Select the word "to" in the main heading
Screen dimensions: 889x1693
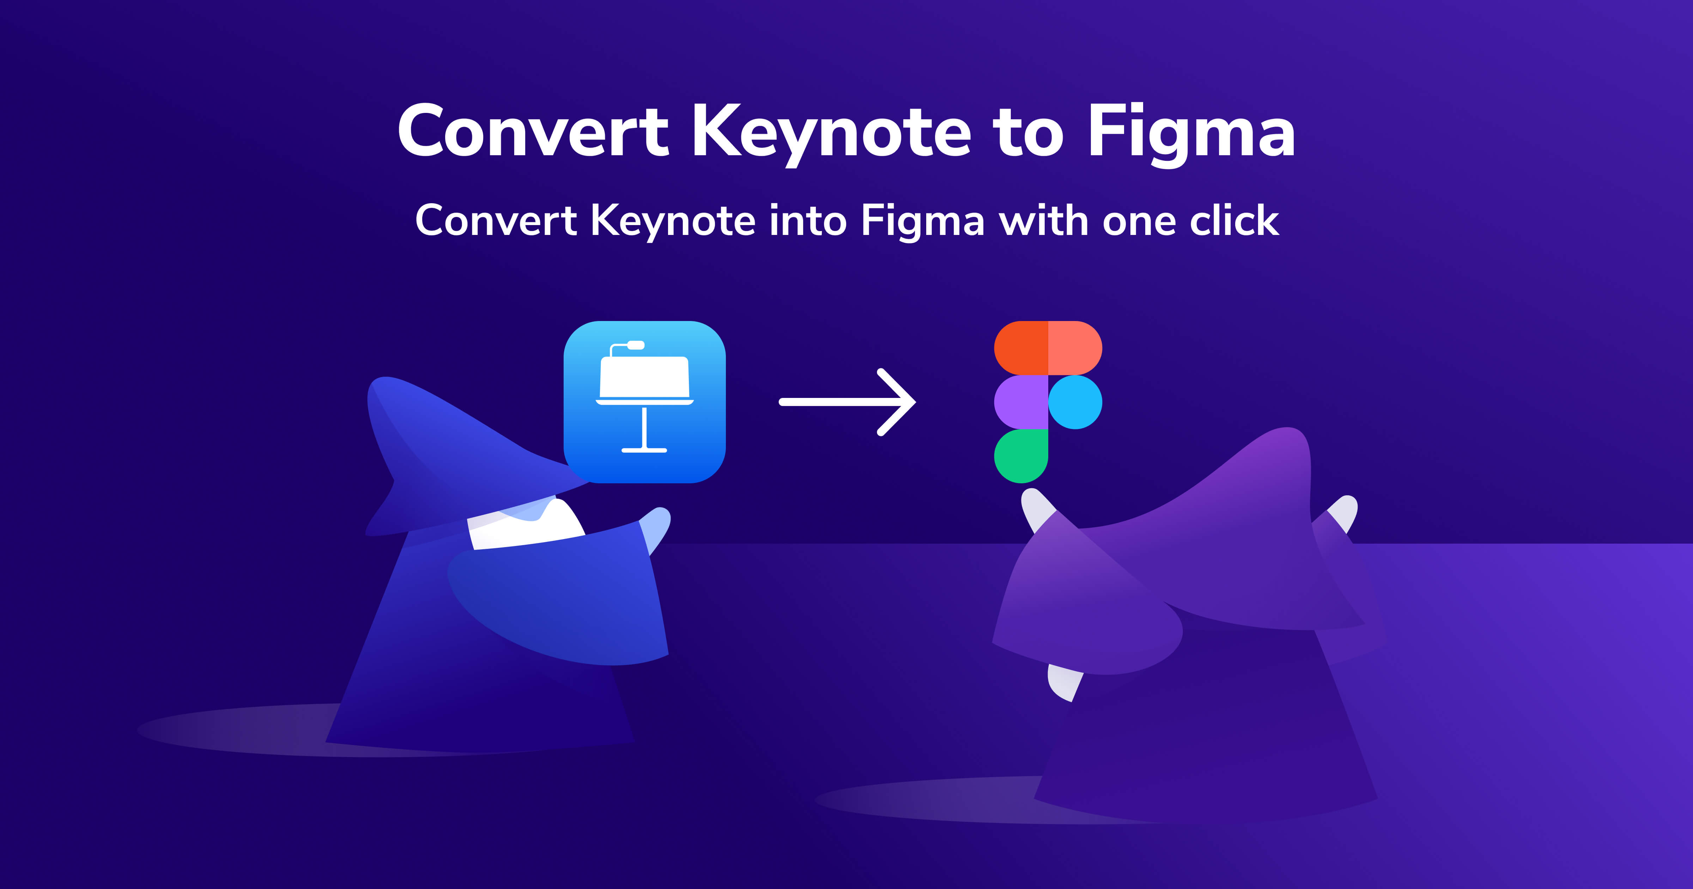pos(1027,133)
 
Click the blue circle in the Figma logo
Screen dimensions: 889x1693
pos(1075,402)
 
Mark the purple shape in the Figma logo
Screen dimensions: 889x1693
pos(1021,402)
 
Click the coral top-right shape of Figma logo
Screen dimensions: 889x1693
pos(1075,348)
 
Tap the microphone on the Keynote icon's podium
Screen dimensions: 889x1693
pos(635,345)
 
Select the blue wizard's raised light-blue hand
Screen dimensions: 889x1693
pos(657,526)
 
